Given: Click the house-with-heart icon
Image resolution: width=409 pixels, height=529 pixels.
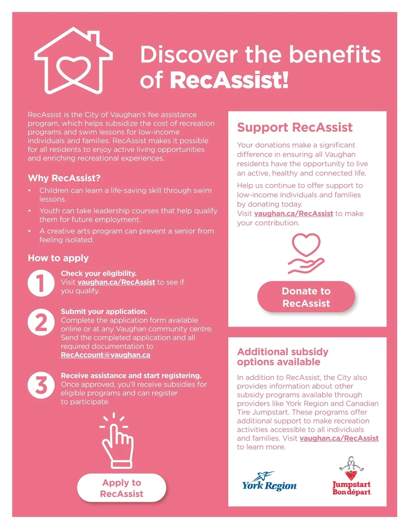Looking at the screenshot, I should coord(74,61).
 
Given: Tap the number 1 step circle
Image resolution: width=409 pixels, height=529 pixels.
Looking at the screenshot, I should coord(41,283).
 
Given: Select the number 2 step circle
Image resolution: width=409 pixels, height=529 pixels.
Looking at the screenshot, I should coord(41,322).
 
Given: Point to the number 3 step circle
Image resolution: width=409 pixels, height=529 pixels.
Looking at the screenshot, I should coord(41,385).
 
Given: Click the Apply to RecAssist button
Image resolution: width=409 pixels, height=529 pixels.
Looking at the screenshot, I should coord(122,488).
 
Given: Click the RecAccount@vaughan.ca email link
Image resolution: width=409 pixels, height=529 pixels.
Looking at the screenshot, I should coord(105,355).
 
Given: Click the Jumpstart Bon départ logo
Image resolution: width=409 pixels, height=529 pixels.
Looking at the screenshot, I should coord(351,477).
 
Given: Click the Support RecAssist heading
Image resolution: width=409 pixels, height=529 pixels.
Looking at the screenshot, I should coord(295,127).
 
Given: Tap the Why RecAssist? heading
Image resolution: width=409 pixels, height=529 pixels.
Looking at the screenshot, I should coord(64,178).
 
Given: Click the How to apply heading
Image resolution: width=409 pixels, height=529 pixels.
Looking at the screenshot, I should coord(58,258).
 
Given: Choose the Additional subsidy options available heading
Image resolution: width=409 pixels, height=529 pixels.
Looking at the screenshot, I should coord(283,357).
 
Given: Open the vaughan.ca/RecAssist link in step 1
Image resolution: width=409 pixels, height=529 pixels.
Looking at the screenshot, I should coord(116,282).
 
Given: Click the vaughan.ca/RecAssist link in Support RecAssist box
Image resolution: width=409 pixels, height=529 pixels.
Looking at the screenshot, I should coord(293,214).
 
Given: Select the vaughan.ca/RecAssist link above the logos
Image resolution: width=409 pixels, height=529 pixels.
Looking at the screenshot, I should coord(339,438).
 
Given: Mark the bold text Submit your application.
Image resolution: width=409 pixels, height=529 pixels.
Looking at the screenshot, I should coord(104,311).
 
